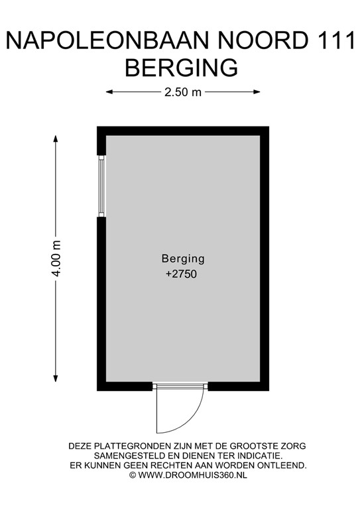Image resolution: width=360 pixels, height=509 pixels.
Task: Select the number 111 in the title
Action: point(333,41)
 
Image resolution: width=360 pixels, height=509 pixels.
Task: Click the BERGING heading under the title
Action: point(181,68)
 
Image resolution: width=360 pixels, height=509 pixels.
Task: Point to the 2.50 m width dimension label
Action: point(183,92)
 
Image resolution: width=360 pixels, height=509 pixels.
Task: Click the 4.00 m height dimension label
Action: point(56,258)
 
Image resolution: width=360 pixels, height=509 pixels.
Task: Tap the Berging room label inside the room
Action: point(183,258)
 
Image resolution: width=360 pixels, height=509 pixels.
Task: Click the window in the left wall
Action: point(101,185)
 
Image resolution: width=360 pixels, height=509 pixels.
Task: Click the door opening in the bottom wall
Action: point(180,386)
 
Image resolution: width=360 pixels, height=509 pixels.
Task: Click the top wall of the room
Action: point(183,131)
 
